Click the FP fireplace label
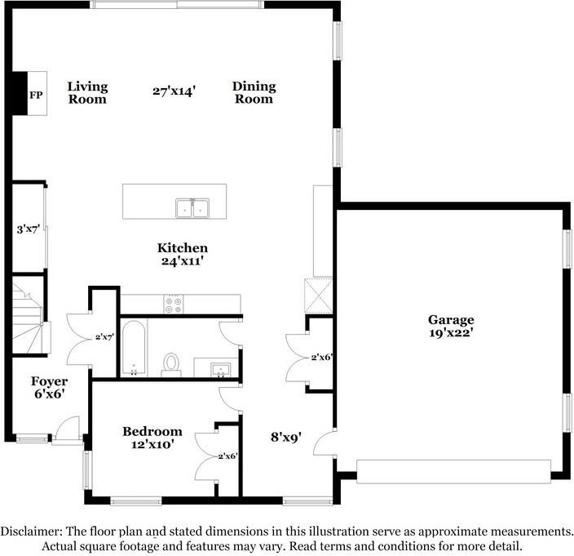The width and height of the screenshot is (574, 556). tap(36, 96)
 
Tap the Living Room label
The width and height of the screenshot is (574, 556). tap(87, 93)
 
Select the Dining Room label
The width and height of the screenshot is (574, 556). tap(254, 92)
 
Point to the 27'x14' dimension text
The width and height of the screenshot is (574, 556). tap(174, 91)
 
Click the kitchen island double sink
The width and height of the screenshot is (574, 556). tap(192, 208)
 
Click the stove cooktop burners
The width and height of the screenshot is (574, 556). tap(174, 305)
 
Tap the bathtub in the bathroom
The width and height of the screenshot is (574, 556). tap(134, 348)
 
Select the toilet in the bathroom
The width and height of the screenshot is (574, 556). tap(171, 365)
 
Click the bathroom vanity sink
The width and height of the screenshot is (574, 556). tap(221, 370)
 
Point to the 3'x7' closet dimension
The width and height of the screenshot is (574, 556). tap(29, 229)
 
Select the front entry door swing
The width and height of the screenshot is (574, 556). tap(66, 428)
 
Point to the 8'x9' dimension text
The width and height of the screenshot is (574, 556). tap(286, 437)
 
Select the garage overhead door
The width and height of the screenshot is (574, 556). tap(453, 472)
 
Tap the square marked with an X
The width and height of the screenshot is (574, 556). tap(319, 296)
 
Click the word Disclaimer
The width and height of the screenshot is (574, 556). tap(31, 531)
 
